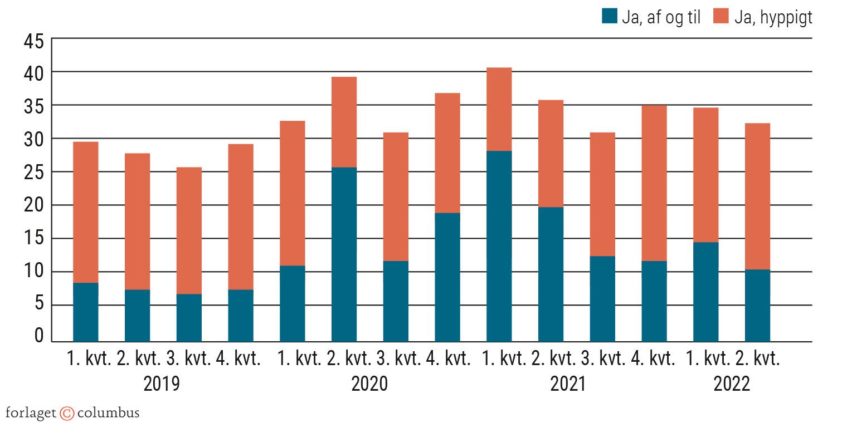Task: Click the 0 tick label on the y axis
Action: [38, 335]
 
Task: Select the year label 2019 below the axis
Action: [162, 384]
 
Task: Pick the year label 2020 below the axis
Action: [369, 384]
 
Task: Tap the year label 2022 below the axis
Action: [732, 384]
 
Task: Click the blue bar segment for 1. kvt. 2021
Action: [499, 246]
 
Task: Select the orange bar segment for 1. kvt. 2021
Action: [499, 109]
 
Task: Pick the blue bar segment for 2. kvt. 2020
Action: [344, 254]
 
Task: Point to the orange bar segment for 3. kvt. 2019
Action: [189, 230]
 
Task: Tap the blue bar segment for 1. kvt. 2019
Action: [86, 312]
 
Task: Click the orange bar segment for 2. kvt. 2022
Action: [757, 196]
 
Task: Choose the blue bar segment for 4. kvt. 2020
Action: [447, 277]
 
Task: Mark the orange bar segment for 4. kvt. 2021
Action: [654, 183]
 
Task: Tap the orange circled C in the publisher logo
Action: [67, 413]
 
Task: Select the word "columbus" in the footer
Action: [108, 413]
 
